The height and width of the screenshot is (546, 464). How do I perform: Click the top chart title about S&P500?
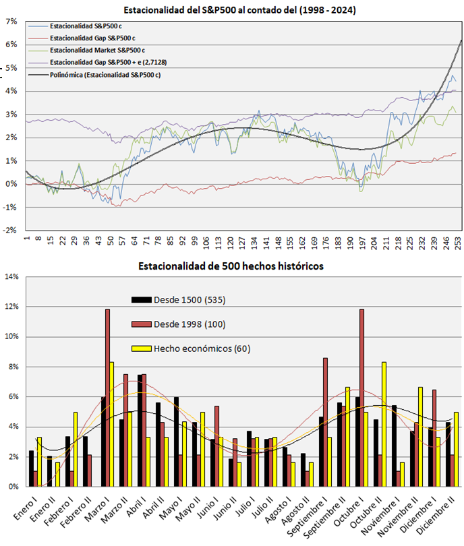(x=239, y=10)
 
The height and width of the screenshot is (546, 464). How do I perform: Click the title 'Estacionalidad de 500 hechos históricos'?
(x=231, y=266)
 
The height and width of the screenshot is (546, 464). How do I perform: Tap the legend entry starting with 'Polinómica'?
(x=105, y=75)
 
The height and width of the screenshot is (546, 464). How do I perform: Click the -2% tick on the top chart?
(x=9, y=231)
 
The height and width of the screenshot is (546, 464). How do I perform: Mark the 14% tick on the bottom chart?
(x=11, y=276)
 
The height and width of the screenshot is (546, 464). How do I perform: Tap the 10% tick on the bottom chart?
(x=11, y=336)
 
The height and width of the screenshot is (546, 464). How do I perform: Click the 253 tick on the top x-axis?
(x=459, y=241)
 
